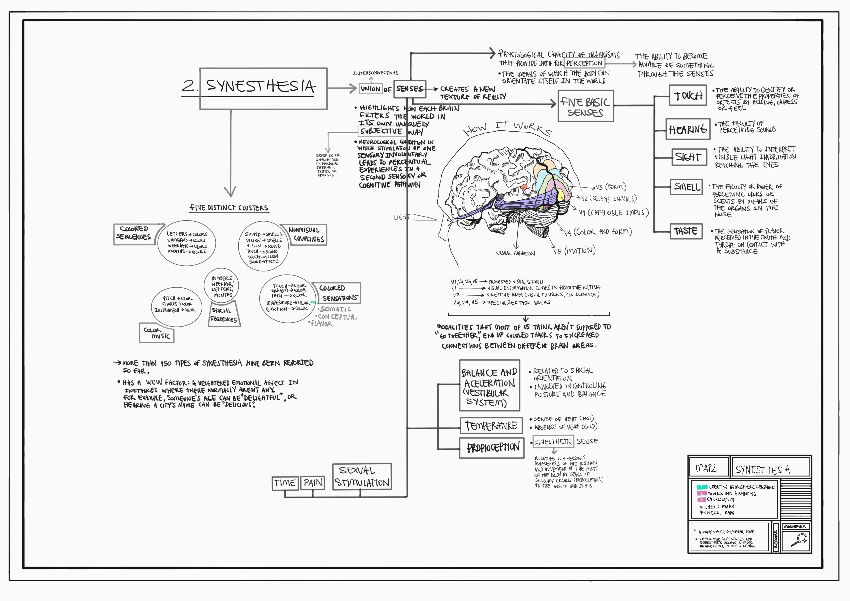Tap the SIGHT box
(x=689, y=157)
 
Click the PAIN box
(x=313, y=483)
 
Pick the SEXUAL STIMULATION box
(x=362, y=476)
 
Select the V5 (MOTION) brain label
(x=574, y=251)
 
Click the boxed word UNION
(x=371, y=89)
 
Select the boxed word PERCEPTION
(x=584, y=63)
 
